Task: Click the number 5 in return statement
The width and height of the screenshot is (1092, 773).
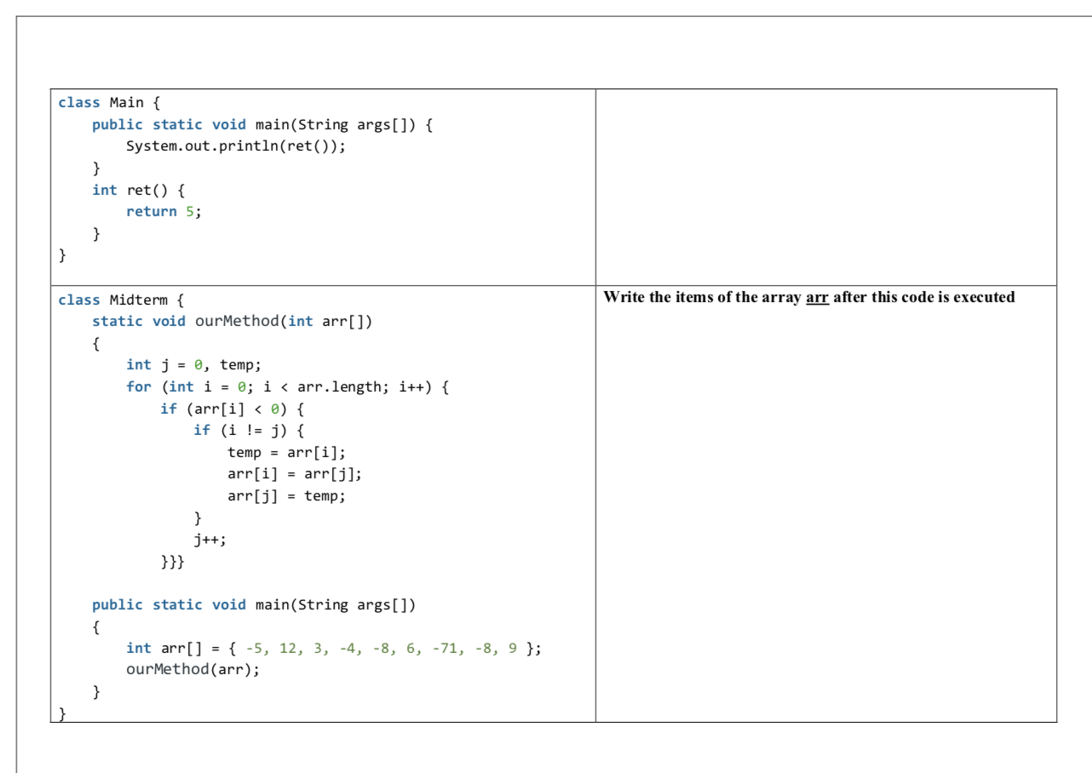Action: coord(190,211)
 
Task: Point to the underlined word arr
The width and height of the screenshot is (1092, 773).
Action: coord(817,297)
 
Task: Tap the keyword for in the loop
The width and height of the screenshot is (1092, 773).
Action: coord(139,386)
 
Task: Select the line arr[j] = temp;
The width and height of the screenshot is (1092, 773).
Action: coord(286,495)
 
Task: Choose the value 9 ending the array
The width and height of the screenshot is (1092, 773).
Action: coord(513,648)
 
